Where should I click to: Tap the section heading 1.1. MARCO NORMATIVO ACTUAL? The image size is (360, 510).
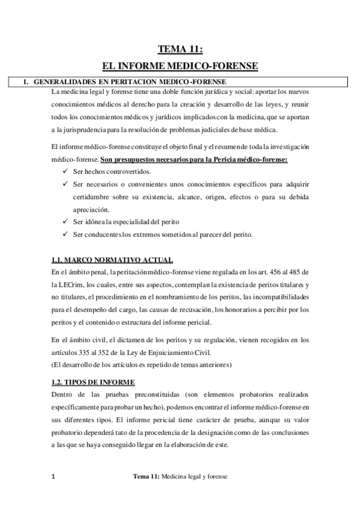[x=112, y=260]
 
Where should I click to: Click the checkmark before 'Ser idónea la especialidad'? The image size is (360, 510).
[x=65, y=221]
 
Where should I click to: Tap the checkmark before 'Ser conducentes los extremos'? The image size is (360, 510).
[x=65, y=234]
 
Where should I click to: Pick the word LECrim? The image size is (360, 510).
[x=75, y=285]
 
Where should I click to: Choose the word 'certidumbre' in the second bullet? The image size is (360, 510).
[x=92, y=197]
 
